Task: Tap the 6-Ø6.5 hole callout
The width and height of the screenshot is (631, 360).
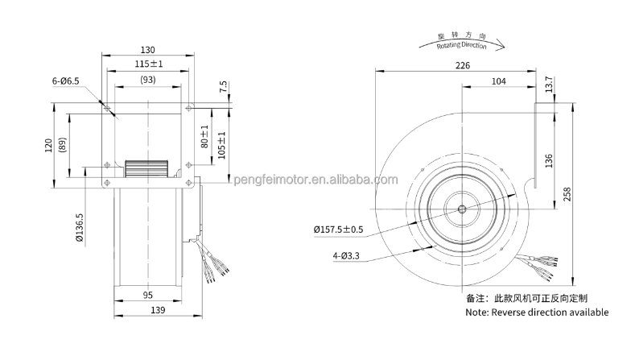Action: coord(66,81)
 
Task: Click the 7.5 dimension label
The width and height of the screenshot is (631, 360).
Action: coord(223,88)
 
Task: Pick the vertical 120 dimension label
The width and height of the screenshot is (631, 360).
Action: coord(48,145)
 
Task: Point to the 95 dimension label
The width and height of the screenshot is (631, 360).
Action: coord(148,295)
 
